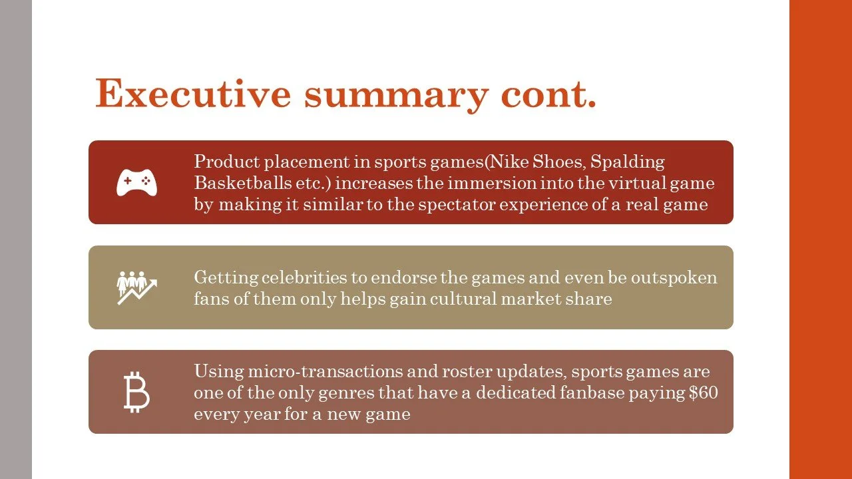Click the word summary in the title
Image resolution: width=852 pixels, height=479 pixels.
pos(397,93)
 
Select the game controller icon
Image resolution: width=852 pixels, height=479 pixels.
pos(136,182)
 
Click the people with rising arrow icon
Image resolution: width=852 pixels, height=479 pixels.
pos(136,287)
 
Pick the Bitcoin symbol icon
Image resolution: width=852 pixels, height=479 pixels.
pos(136,392)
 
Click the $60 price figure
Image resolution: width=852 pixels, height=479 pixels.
pos(703,393)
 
